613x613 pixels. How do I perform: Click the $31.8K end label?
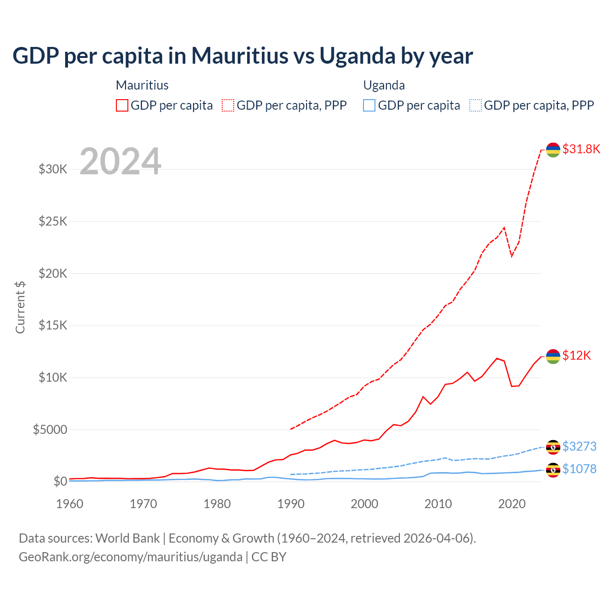[x=581, y=149]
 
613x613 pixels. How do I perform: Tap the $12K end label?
[x=577, y=355]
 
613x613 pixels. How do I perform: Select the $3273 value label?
[x=579, y=446]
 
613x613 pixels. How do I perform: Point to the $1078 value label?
[x=579, y=469]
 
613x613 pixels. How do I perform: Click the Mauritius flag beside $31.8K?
[x=553, y=149]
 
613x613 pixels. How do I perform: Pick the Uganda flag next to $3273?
[x=553, y=447]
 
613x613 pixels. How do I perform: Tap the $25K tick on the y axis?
[x=53, y=221]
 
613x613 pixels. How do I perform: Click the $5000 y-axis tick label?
[x=50, y=430]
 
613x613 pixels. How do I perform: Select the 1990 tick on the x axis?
[x=291, y=504]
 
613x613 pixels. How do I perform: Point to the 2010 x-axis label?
[x=438, y=504]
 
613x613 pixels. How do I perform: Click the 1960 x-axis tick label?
[x=70, y=504]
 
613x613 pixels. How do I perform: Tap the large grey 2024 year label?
[x=120, y=161]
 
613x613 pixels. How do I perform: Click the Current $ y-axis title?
[x=20, y=307]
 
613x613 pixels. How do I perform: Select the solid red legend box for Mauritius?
[x=122, y=105]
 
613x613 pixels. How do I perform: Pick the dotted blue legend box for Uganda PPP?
[x=476, y=105]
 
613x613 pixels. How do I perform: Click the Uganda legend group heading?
[x=384, y=85]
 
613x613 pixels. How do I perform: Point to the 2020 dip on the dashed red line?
[x=511, y=256]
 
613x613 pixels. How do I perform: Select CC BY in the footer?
[x=269, y=557]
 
